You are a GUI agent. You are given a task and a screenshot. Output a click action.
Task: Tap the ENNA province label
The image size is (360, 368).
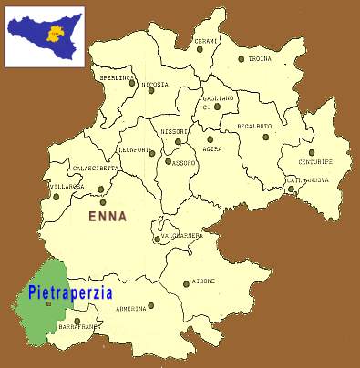pyautogui.click(x=108, y=217)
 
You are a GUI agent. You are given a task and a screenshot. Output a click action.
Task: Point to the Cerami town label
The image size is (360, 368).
pyautogui.click(x=205, y=41)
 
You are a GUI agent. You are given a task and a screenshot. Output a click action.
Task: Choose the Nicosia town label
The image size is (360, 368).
pyautogui.click(x=154, y=84)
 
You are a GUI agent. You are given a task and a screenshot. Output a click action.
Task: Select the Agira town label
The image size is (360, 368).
pyautogui.click(x=213, y=148)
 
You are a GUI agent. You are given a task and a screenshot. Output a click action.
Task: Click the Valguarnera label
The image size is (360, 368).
pyautogui.click(x=181, y=235)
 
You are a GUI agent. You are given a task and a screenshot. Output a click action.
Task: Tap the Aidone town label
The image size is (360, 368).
pyautogui.click(x=204, y=281)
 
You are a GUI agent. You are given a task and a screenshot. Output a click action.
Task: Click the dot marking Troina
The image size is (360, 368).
pyautogui.click(x=242, y=59)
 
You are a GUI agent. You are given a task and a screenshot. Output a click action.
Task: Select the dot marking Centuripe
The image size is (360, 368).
pyautogui.click(x=312, y=152)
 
